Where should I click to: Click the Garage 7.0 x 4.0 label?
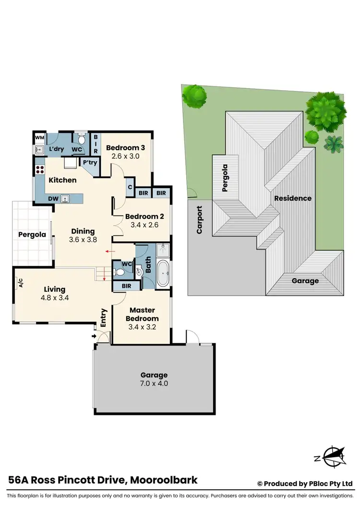[154, 379]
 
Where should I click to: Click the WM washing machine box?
[39, 138]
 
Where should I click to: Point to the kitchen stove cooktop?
[39, 169]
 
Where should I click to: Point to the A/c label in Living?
[21, 283]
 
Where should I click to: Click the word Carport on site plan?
[199, 220]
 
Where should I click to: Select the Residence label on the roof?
[293, 198]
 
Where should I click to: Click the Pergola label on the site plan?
[224, 178]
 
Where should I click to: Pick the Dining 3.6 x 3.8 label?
[83, 235]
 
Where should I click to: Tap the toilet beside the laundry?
[82, 140]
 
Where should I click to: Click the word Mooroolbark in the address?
[162, 480]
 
